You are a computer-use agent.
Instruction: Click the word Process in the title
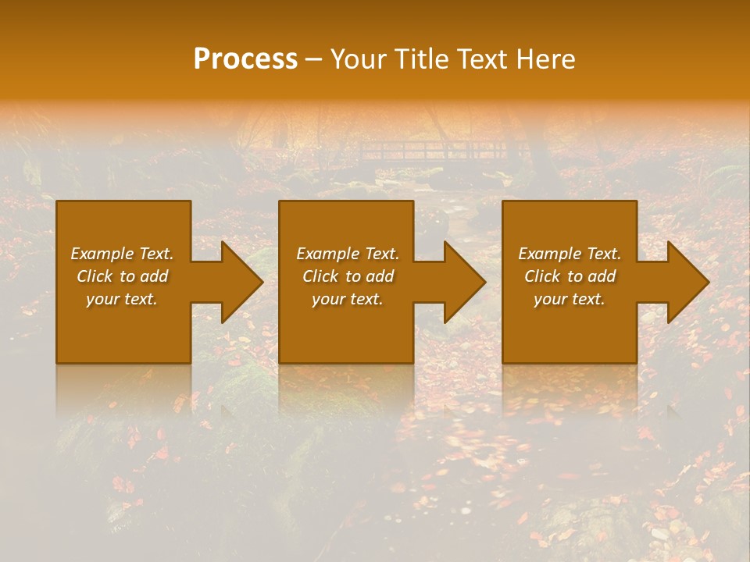click(245, 59)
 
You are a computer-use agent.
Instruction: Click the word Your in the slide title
click(359, 59)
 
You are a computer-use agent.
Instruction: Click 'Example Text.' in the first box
click(122, 254)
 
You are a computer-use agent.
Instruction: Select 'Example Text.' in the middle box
click(348, 254)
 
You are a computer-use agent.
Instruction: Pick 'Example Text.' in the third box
click(570, 254)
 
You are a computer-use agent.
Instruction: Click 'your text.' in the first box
click(122, 299)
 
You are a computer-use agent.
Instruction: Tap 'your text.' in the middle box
click(348, 299)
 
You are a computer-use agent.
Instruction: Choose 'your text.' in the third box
click(570, 299)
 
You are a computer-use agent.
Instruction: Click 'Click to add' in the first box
click(122, 276)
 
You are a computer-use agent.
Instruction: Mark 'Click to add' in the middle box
click(348, 276)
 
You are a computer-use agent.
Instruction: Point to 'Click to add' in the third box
click(570, 276)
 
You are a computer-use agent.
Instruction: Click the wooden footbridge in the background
click(437, 148)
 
